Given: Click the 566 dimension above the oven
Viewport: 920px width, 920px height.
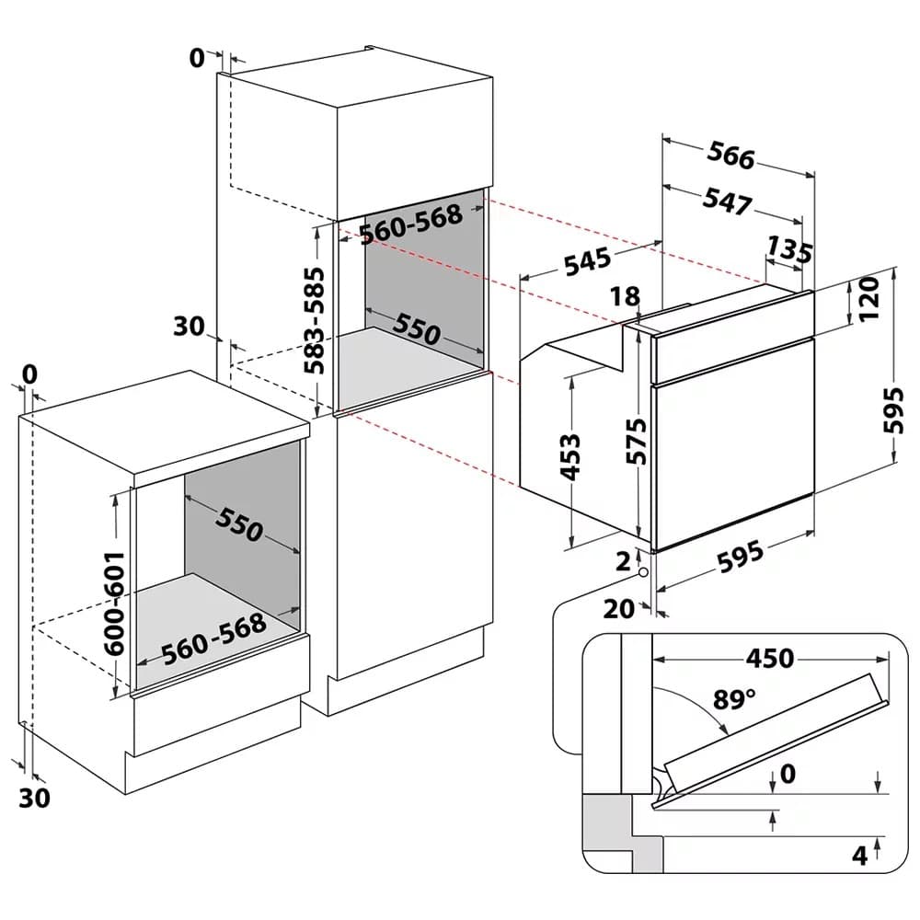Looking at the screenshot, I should click(731, 157).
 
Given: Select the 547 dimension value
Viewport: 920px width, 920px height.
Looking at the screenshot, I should click(728, 201).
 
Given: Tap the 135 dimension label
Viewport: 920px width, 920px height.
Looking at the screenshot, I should click(790, 251).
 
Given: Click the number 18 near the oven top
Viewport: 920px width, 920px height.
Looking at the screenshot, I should click(624, 296).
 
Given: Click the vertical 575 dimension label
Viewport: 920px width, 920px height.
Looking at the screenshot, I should click(640, 440).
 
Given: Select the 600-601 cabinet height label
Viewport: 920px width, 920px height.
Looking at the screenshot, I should click(112, 603).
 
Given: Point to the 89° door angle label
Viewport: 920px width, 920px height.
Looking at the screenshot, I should click(734, 699).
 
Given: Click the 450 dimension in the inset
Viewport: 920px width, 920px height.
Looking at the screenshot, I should click(769, 659).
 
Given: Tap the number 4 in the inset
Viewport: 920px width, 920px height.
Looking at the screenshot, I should click(859, 857).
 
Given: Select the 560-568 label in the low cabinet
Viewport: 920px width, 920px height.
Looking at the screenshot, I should click(213, 638).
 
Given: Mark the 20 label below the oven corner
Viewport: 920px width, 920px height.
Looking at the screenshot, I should click(621, 608).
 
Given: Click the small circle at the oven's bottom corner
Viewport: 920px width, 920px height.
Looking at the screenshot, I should click(642, 572).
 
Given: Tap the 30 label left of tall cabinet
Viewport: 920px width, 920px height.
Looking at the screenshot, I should click(188, 326).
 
